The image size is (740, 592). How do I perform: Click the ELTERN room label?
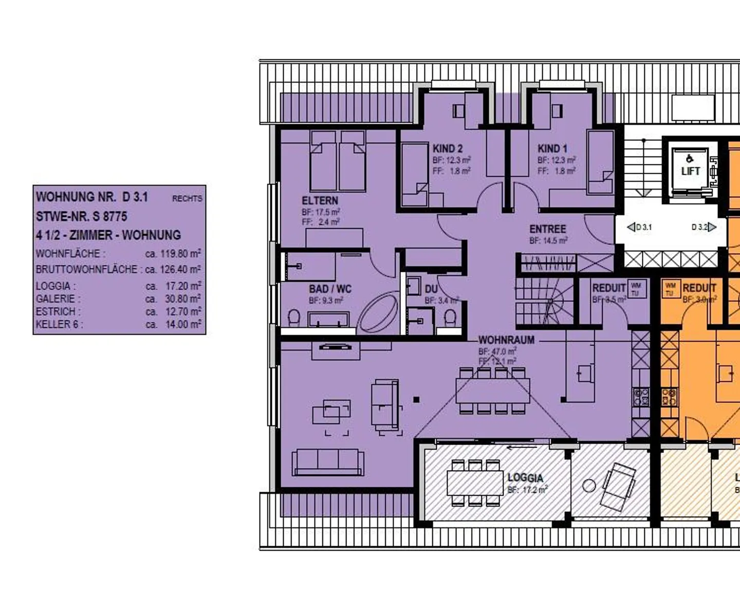point(320,200)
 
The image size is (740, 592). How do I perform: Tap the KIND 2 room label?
point(447,149)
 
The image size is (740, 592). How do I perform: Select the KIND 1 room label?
point(552,149)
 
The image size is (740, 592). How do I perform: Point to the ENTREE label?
point(547,229)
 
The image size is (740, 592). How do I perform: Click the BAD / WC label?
point(330,289)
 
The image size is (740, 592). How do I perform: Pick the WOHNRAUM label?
point(506,340)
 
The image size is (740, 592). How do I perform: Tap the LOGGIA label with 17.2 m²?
point(525,478)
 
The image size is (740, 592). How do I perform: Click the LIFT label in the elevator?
point(690,171)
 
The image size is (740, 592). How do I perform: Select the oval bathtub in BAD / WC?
point(378,313)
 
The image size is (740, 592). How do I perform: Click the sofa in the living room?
point(327,462)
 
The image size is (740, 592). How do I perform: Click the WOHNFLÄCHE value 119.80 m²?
point(173,254)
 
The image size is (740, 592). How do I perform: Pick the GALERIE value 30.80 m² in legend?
point(173,299)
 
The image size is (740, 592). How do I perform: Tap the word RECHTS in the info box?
point(187,198)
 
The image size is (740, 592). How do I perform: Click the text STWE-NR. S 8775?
point(81,216)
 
